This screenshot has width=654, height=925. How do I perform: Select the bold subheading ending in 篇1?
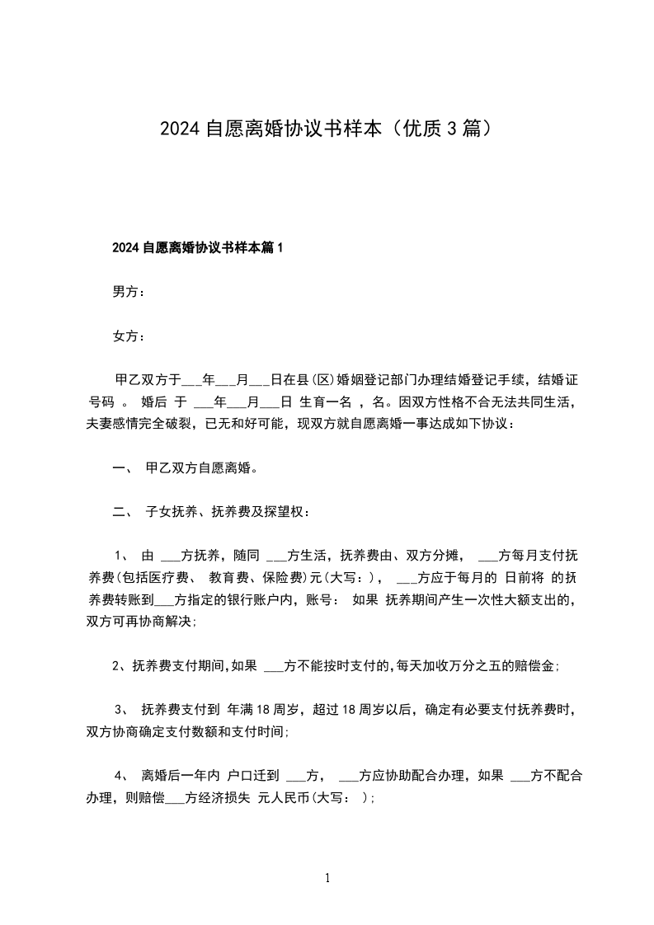(197, 247)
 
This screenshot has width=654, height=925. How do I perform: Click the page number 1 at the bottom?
(327, 879)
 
